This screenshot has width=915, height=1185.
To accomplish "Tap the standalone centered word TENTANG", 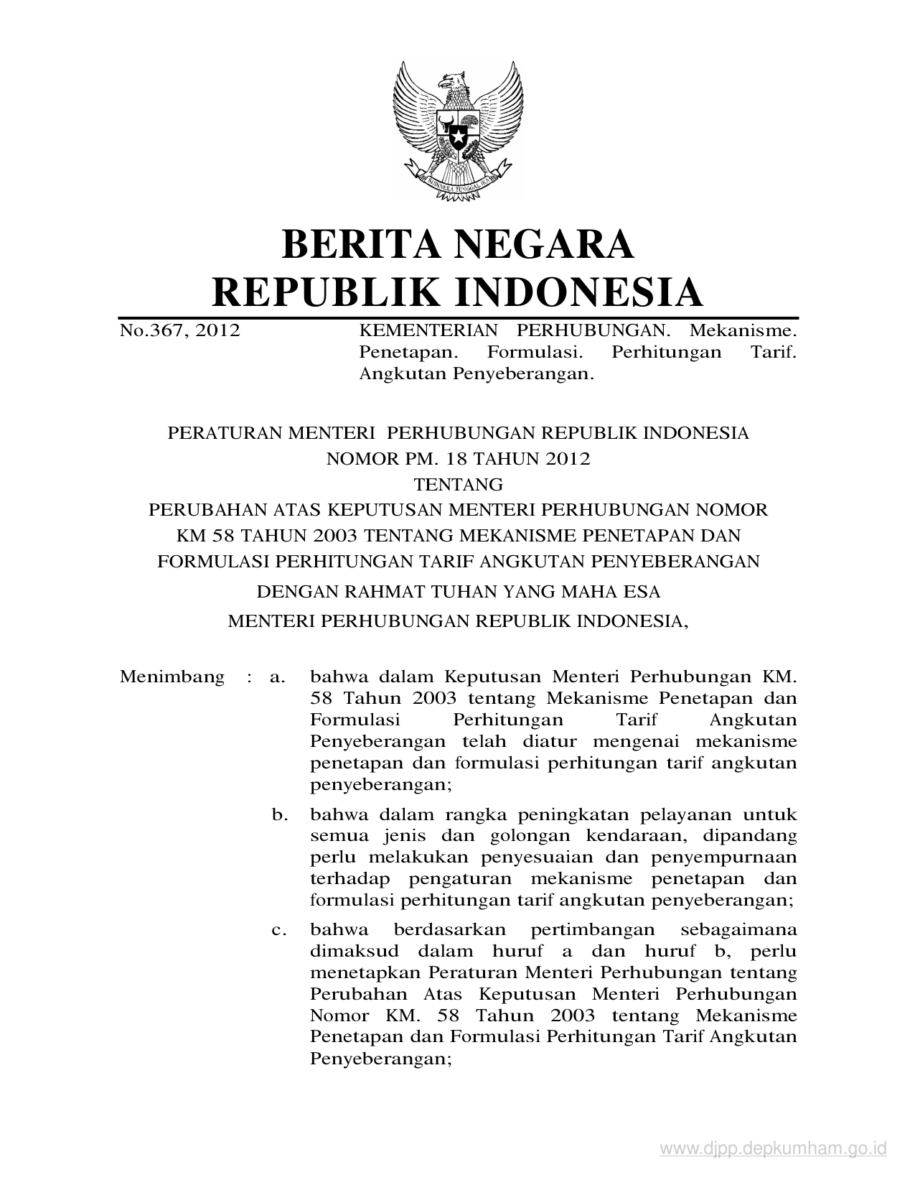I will coord(458,484).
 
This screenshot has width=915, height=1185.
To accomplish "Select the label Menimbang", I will coord(172,677).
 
